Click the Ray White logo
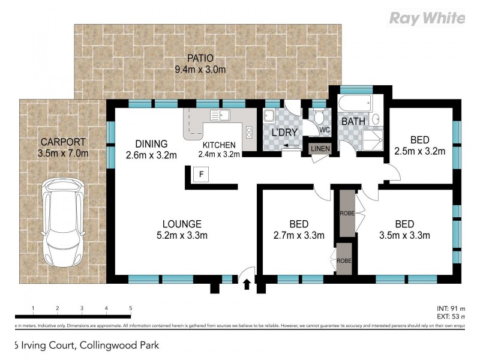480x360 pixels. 427,19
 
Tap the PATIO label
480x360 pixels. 200,58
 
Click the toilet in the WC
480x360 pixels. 319,115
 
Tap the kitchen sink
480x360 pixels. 219,114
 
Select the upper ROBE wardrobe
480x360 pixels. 346,213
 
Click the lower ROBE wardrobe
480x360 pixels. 344,259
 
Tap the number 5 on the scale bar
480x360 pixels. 130,308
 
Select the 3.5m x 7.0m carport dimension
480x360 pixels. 63,153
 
